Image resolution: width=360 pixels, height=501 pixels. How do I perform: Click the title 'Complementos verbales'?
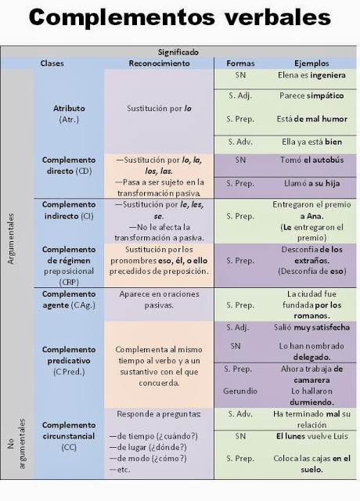click(x=179, y=19)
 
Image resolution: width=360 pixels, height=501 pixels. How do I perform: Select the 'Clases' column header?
click(x=52, y=63)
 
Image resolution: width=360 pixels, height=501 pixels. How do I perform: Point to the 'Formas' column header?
click(x=241, y=63)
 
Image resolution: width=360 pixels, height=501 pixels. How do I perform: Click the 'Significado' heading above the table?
click(x=178, y=52)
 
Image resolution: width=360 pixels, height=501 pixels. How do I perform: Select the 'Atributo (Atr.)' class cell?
click(x=69, y=114)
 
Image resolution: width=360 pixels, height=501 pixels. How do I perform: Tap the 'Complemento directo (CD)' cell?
click(x=69, y=165)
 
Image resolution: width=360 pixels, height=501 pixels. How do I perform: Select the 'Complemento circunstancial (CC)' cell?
click(x=69, y=435)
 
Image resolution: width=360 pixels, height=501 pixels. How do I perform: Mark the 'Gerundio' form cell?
click(x=240, y=390)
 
